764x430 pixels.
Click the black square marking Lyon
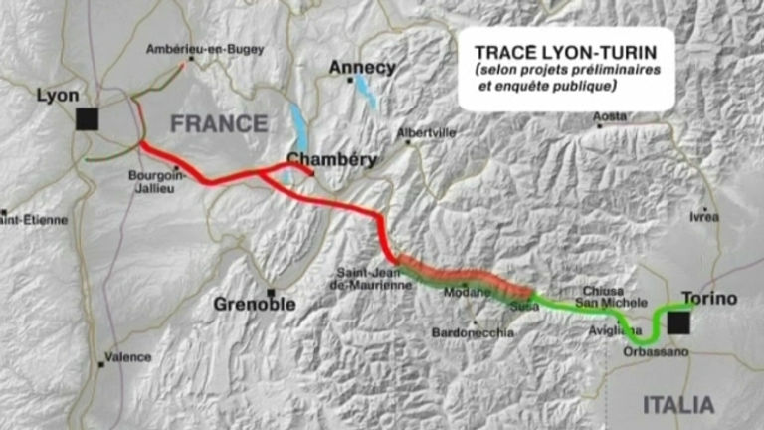(x=88, y=119)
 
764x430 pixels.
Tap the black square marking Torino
(x=678, y=322)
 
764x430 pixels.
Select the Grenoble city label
(x=255, y=305)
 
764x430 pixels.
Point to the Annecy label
(x=362, y=68)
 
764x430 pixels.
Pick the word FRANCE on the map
(x=219, y=124)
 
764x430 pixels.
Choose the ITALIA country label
(x=677, y=404)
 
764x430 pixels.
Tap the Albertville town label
(x=425, y=132)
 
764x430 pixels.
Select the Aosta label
(x=611, y=116)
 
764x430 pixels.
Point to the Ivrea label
(x=703, y=217)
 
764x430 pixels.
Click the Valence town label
(x=128, y=357)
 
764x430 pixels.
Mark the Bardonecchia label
(x=473, y=333)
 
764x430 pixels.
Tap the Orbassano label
(x=628, y=352)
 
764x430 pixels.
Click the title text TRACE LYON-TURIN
(x=559, y=50)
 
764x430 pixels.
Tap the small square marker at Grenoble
(x=270, y=292)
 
